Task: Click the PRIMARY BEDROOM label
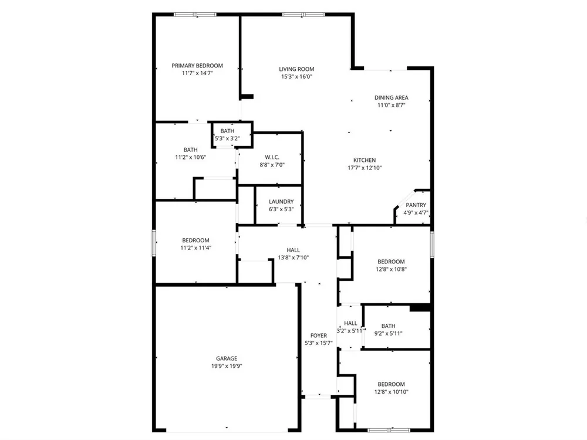coord(197,66)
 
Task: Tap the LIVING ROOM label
coord(296,69)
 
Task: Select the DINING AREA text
coord(391,97)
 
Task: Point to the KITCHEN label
coord(365,160)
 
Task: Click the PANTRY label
coord(416,205)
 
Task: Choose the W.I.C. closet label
coord(272,157)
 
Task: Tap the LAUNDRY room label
coord(281,201)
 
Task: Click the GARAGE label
coord(227,358)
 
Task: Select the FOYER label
coord(319,336)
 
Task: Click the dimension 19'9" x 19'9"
coord(227,366)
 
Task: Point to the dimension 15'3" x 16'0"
coord(296,77)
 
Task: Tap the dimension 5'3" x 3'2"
coord(227,138)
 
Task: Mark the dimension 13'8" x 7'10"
coord(293,258)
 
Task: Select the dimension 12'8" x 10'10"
coord(391,392)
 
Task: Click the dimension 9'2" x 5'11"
coord(388,334)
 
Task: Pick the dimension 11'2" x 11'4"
coord(196,248)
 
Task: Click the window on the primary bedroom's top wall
coord(195,15)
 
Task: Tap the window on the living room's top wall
coord(303,15)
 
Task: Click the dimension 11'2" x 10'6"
coord(191,157)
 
